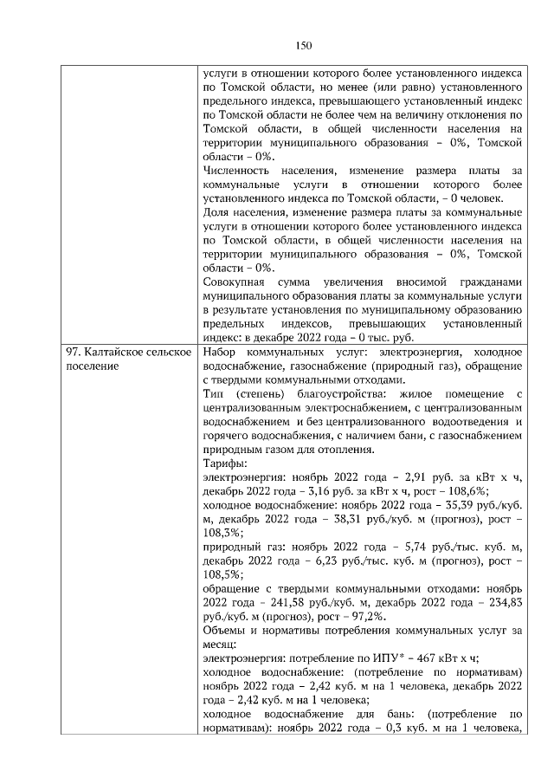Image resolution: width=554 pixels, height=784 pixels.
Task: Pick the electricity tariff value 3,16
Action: pos(325,495)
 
